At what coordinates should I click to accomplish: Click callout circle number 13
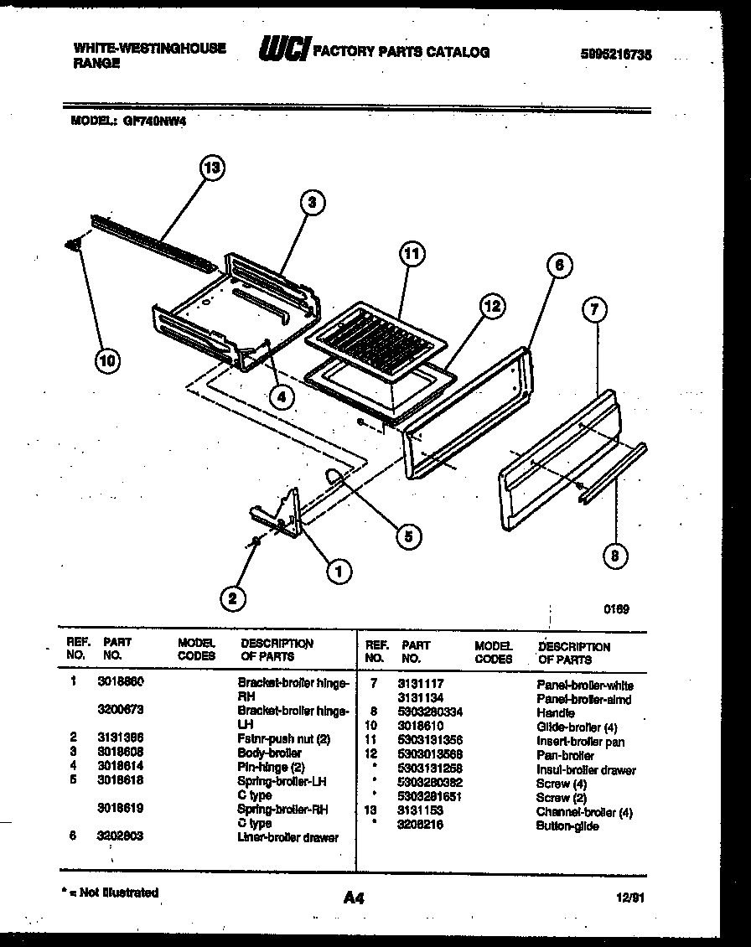(x=212, y=168)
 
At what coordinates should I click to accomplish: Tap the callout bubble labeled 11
(x=412, y=254)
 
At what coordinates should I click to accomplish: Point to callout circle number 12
(x=491, y=308)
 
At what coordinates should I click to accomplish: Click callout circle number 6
(x=559, y=266)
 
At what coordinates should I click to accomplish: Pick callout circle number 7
(x=594, y=309)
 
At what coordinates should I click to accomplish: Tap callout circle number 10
(x=106, y=361)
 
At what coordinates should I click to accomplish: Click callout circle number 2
(x=234, y=598)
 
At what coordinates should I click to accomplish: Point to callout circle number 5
(x=407, y=536)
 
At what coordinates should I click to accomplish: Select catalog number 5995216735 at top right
(x=615, y=54)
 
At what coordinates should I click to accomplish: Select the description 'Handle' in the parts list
(x=555, y=712)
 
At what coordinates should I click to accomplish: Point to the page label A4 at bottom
(x=354, y=898)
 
